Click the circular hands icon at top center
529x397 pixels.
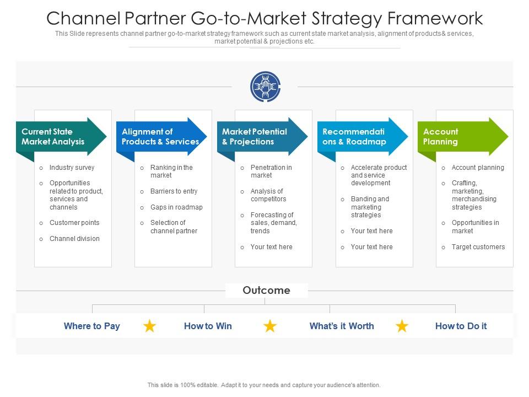pos(265,87)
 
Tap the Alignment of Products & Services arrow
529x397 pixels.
pos(160,137)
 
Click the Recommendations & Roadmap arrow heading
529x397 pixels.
pos(361,137)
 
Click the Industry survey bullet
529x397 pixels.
pos(72,168)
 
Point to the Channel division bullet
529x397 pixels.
pos(74,239)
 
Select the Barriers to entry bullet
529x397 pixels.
pos(174,191)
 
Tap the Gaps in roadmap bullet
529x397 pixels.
pos(176,207)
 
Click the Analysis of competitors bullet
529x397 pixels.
pos(268,195)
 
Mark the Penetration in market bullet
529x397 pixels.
pos(271,171)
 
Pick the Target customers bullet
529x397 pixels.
pos(478,247)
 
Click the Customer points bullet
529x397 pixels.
pos(74,223)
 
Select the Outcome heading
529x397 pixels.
pos(266,291)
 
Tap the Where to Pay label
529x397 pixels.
pos(91,326)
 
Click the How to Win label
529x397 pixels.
pos(208,326)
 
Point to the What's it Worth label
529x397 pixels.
pos(342,326)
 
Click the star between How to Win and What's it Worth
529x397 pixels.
pos(270,326)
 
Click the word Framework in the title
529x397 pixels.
pos(435,18)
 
